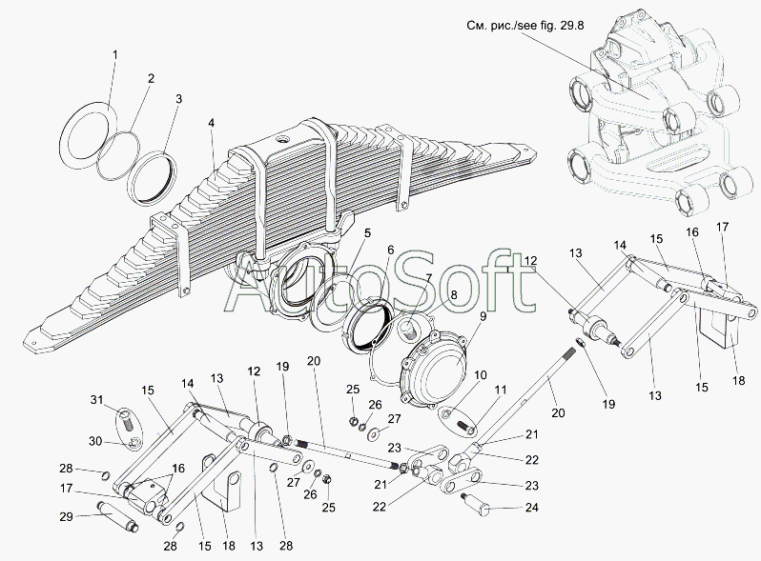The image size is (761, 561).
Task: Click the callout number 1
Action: coord(115,55)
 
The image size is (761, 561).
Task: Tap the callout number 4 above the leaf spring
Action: coord(211,123)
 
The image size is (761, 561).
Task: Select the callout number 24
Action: coord(532,507)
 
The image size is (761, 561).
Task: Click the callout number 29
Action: coord(66,517)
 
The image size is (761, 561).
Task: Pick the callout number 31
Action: coord(96,399)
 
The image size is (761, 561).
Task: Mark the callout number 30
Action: coord(95,441)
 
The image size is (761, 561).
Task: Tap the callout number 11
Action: coord(501,390)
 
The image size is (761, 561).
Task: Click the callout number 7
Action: coord(428,278)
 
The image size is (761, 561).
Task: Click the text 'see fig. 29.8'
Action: coord(550,26)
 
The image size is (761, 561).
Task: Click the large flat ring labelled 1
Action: coord(90,135)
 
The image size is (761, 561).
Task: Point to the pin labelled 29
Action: coord(119,516)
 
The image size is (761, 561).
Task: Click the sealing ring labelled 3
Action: coord(153,178)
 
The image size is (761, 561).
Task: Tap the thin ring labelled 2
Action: coord(118,154)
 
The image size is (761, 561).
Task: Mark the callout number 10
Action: coord(481,375)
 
